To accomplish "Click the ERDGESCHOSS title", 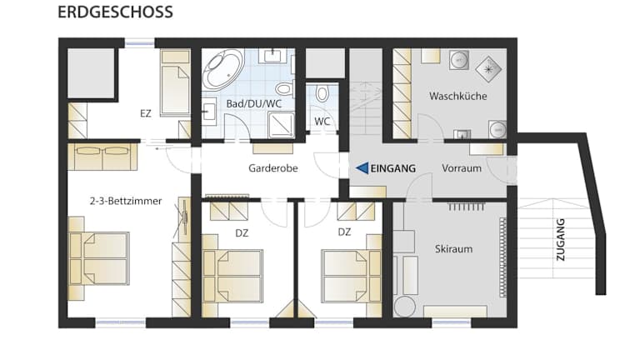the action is pos(115,12).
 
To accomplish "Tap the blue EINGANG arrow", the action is pos(362,167).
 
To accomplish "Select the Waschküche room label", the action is pos(458,96).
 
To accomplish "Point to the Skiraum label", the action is pos(453,248).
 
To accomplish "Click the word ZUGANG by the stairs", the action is pos(560,240).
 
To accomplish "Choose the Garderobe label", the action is pos(273,168).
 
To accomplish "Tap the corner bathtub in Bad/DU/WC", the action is pos(222,69).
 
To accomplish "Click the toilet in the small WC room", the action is pos(322,93).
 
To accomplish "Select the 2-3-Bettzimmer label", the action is pos(126,201).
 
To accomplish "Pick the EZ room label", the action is pos(146,113).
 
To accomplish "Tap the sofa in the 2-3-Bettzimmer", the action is pos(102,157).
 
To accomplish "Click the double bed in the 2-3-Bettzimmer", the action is pos(99,258).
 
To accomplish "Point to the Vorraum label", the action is pos(462,168).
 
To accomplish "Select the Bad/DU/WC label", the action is pos(254,103).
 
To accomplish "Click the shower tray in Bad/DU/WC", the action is pos(281,124).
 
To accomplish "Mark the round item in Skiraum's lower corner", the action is pos(404,306).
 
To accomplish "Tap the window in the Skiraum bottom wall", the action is pos(452,322).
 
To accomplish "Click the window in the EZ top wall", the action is pos(140,42).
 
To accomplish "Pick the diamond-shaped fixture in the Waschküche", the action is pos(488,69).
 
